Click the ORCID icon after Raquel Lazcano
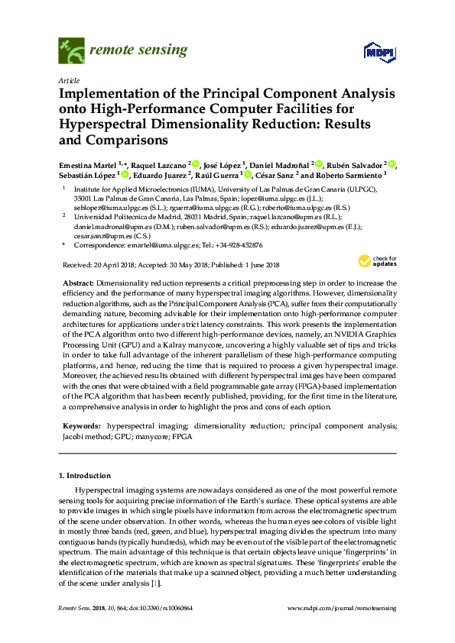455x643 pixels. [x=196, y=164]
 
